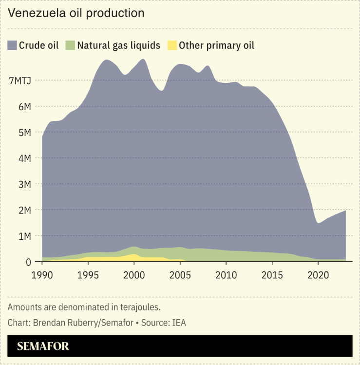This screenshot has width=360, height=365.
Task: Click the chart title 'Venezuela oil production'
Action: click(76, 13)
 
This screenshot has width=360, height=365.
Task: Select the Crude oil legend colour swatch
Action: click(12, 46)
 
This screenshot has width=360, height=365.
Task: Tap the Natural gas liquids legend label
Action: click(118, 46)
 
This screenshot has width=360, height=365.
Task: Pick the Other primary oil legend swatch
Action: click(172, 46)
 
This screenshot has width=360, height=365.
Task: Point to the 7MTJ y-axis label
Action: click(20, 80)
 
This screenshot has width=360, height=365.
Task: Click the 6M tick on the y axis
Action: click(25, 106)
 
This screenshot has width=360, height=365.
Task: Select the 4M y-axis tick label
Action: click(25, 158)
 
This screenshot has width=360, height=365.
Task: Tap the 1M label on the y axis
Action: click(25, 236)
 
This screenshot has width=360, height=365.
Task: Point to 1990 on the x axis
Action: click(42, 274)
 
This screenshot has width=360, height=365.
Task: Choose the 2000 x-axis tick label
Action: click(134, 274)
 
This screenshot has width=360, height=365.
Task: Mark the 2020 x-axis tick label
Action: click(318, 274)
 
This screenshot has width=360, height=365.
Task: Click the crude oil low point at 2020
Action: click(318, 223)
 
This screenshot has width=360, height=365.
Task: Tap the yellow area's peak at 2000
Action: click(134, 254)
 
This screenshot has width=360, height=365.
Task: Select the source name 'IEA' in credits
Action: click(178, 323)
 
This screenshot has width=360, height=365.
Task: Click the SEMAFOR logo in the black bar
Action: click(43, 346)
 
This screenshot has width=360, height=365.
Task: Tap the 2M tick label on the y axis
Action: click(25, 210)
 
